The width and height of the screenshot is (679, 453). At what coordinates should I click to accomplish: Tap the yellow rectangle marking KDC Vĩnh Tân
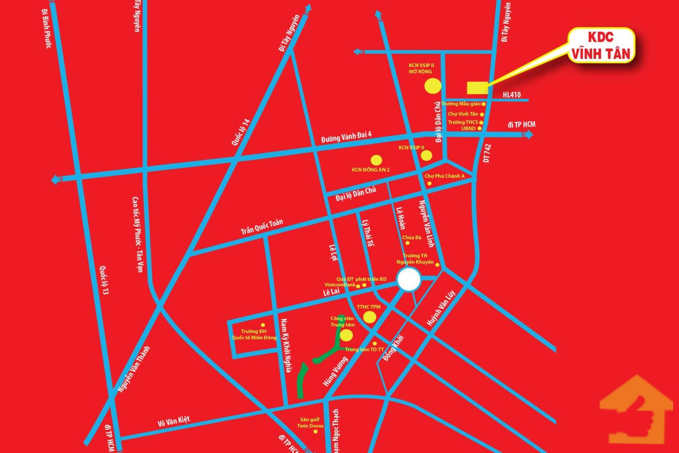(x=478, y=87)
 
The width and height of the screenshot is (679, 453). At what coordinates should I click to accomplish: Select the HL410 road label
(x=512, y=95)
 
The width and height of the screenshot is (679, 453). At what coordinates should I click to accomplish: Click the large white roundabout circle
(x=409, y=280)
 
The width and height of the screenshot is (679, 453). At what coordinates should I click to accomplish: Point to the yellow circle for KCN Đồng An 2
(x=376, y=160)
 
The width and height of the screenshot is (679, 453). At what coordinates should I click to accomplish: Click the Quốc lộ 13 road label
(x=105, y=280)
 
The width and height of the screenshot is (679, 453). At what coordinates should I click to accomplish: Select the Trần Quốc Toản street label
(x=262, y=226)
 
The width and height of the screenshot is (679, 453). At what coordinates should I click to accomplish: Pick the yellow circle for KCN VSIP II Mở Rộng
(x=433, y=85)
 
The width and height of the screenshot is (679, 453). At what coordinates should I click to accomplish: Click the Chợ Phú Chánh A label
(x=445, y=176)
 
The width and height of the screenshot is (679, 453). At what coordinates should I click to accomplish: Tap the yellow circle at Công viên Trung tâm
(x=346, y=335)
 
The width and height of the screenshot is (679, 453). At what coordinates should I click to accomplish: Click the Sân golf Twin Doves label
(x=310, y=423)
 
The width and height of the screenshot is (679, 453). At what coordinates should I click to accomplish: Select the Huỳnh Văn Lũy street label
(x=440, y=308)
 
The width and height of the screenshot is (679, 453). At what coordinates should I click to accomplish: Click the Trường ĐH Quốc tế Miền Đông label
(x=254, y=334)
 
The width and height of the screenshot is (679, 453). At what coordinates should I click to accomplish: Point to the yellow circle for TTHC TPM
(x=370, y=317)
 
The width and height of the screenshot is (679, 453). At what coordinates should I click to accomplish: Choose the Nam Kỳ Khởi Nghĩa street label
(x=285, y=346)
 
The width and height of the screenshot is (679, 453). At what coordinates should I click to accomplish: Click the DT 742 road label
(x=487, y=154)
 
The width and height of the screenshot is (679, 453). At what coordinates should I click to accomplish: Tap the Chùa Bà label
(x=411, y=237)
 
